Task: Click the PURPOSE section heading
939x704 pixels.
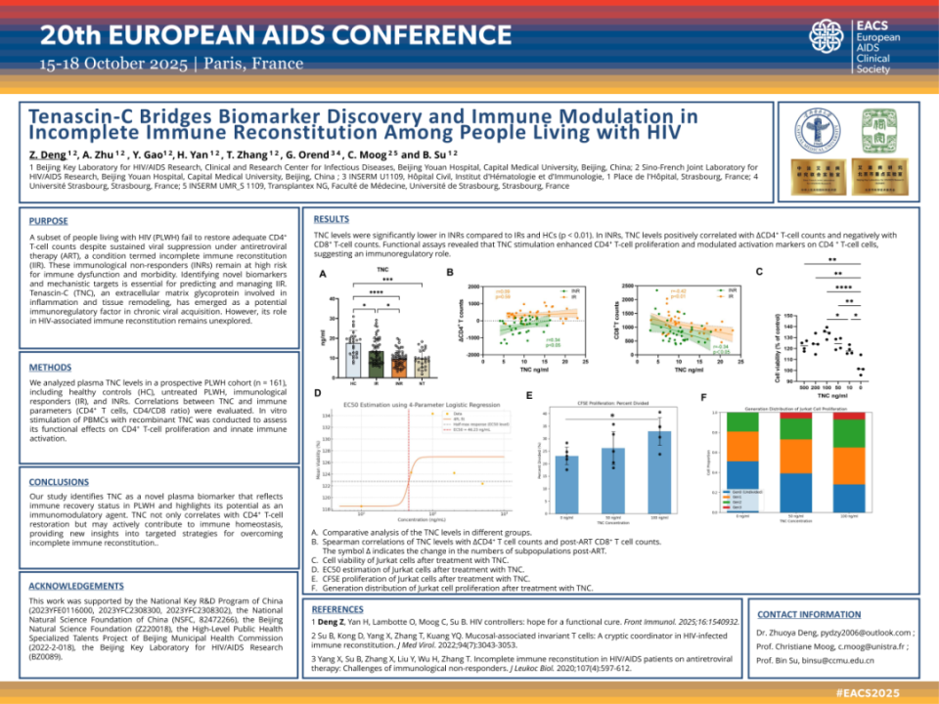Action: point(48,221)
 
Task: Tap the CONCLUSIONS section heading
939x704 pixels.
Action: point(59,482)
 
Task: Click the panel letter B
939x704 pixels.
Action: point(450,272)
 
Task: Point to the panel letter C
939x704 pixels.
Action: point(759,270)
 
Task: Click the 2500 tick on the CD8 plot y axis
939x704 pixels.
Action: point(626,286)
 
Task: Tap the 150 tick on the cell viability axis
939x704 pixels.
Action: point(789,316)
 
